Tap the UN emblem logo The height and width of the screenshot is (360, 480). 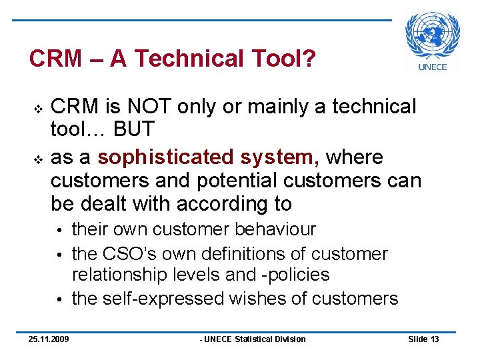[x=433, y=35]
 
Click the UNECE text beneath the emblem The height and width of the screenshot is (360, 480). [x=433, y=66]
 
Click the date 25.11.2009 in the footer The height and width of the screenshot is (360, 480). [x=48, y=339]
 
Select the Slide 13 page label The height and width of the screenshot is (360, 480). [x=423, y=339]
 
